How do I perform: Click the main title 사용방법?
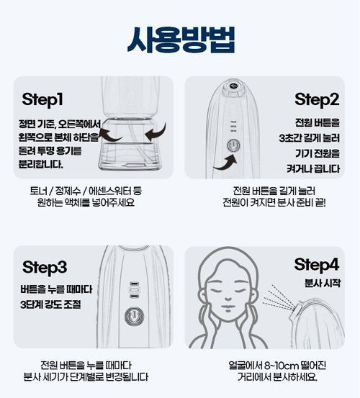coord(181,40)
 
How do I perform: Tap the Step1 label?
coord(42,100)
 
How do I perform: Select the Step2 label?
coord(317,100)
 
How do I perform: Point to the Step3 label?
coord(45,267)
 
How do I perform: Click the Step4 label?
coord(317,265)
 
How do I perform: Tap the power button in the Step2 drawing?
coord(233,145)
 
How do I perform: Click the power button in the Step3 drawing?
coord(134,316)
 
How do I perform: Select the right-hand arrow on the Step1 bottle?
coord(156,132)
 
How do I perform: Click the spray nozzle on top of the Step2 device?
coord(233,86)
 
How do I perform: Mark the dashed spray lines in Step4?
coord(279,298)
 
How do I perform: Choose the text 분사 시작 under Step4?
coord(322,284)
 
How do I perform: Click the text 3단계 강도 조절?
coord(50,304)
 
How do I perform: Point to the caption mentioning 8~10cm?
coord(277,366)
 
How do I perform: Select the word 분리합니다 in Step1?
coord(40,165)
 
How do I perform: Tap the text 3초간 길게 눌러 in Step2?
coord(309,138)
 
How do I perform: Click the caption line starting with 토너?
coord(86,191)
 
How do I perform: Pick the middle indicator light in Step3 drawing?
coord(134,289)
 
